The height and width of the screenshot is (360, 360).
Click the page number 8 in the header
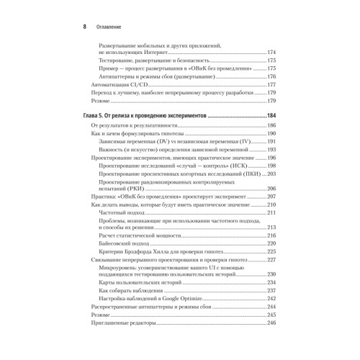click(x=85, y=26)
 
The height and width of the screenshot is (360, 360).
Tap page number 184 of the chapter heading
click(x=271, y=115)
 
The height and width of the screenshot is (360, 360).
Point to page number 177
click(x=271, y=84)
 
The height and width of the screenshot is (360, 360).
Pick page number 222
click(x=271, y=243)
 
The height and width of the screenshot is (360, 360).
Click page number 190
click(x=271, y=135)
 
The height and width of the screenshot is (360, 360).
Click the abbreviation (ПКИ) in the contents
click(x=235, y=174)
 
